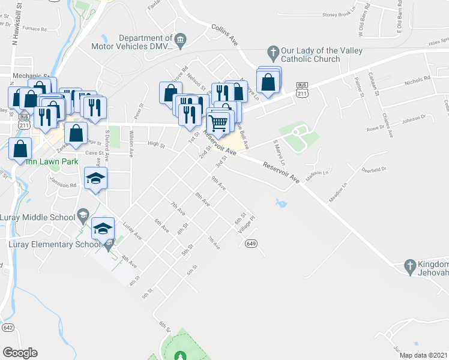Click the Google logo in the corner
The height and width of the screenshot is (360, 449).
pyautogui.click(x=20, y=352)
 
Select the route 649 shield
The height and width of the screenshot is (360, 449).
pyautogui.click(x=251, y=243)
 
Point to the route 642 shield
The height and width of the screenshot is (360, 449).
pyautogui.click(x=8, y=327)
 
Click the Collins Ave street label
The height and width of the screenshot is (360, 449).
pyautogui.click(x=225, y=35)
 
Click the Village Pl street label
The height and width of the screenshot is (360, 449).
pyautogui.click(x=247, y=224)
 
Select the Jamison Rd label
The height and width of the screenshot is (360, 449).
pyautogui.click(x=64, y=186)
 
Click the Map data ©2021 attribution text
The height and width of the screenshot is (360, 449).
pyautogui.click(x=423, y=355)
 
